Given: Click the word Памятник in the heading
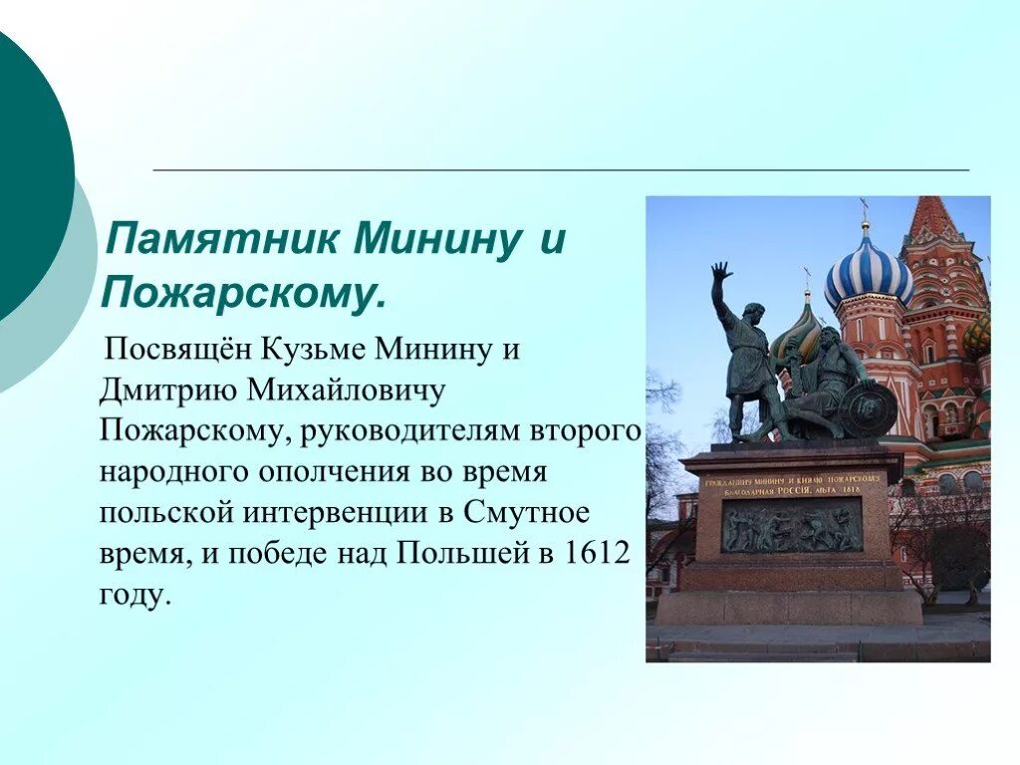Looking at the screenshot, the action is [x=222, y=239].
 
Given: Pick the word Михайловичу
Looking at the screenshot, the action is [x=346, y=390].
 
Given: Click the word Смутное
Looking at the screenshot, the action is [x=526, y=512].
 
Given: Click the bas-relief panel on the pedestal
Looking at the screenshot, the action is [x=792, y=525].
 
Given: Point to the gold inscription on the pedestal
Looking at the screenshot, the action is [x=796, y=486].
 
